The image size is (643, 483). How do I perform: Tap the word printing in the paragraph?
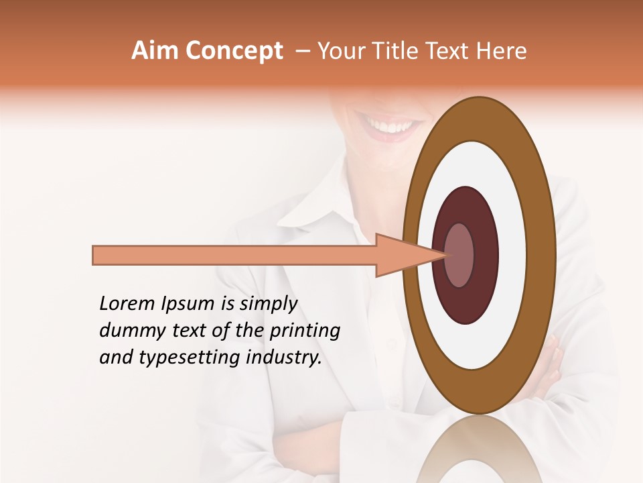(305, 331)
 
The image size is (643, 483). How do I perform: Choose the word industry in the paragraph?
(284, 358)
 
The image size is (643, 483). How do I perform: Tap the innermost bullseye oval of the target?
(459, 256)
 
